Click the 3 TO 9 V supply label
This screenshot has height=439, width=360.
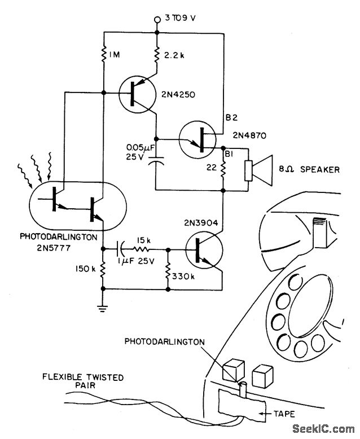180,18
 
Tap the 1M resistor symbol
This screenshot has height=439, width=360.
104,54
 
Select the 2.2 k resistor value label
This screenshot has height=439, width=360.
174,55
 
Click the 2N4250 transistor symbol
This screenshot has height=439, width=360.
137,94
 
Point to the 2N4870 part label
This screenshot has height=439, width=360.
249,135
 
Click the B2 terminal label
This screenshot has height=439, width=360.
231,117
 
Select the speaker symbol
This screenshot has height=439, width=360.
258,170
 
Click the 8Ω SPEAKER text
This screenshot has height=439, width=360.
309,169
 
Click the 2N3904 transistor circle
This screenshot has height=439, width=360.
204,251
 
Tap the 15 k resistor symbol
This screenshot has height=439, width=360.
141,249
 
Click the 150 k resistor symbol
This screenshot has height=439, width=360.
103,269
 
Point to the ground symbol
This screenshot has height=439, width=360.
103,309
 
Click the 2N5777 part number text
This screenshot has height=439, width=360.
54,248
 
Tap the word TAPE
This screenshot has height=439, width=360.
284,414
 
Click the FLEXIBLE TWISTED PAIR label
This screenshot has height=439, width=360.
83,381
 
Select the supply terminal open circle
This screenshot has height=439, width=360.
157,20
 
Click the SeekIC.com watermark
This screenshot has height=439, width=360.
323,429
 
